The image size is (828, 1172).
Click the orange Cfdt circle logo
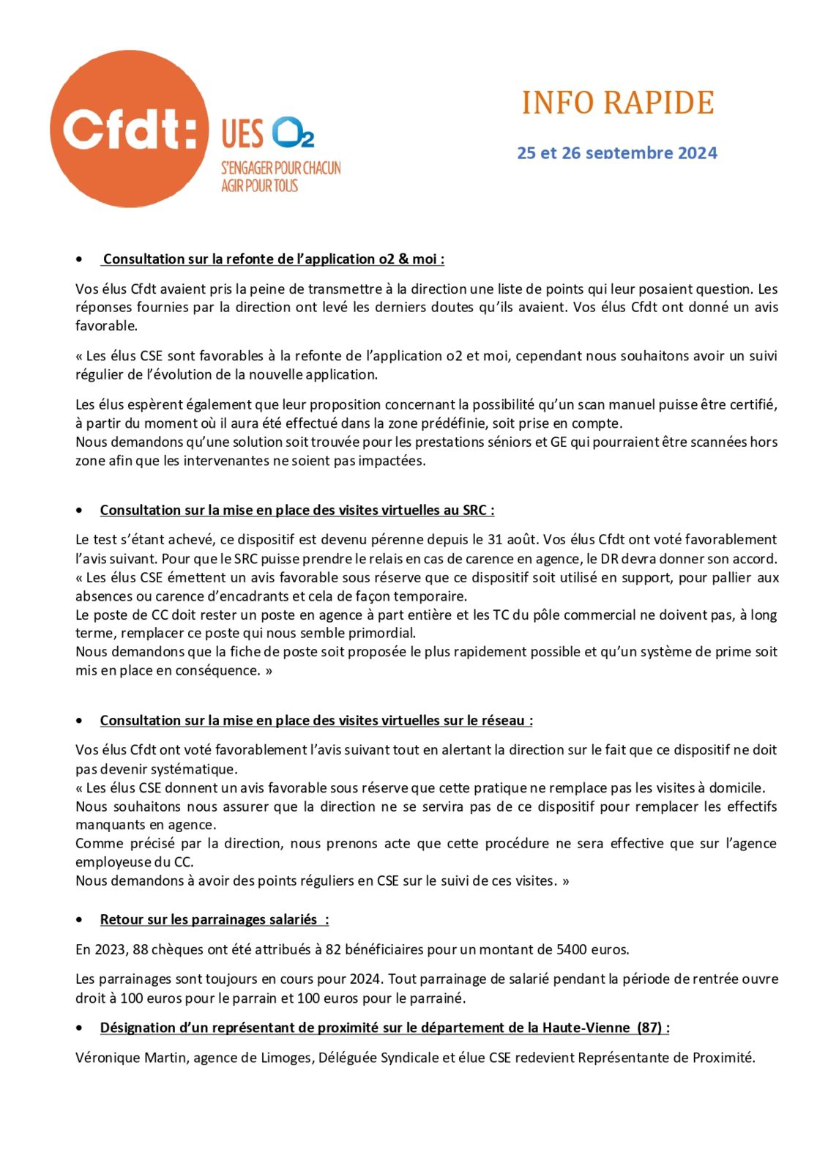coord(129,129)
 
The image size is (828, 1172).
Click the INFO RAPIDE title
coord(617,103)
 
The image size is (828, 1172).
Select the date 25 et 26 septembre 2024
coord(616,153)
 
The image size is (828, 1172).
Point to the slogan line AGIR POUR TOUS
coord(259,186)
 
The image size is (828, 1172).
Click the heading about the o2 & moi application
coord(273,259)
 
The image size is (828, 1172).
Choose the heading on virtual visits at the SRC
coord(296,511)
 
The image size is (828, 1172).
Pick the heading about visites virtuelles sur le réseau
coord(316,721)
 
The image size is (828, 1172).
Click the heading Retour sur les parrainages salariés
coord(214,920)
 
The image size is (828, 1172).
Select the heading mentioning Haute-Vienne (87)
coord(384,1028)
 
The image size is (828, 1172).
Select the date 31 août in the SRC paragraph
coord(511,541)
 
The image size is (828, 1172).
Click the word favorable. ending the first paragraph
coord(106,326)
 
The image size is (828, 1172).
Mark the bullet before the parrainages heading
coord(79,920)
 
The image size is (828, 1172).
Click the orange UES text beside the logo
coord(242,134)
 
